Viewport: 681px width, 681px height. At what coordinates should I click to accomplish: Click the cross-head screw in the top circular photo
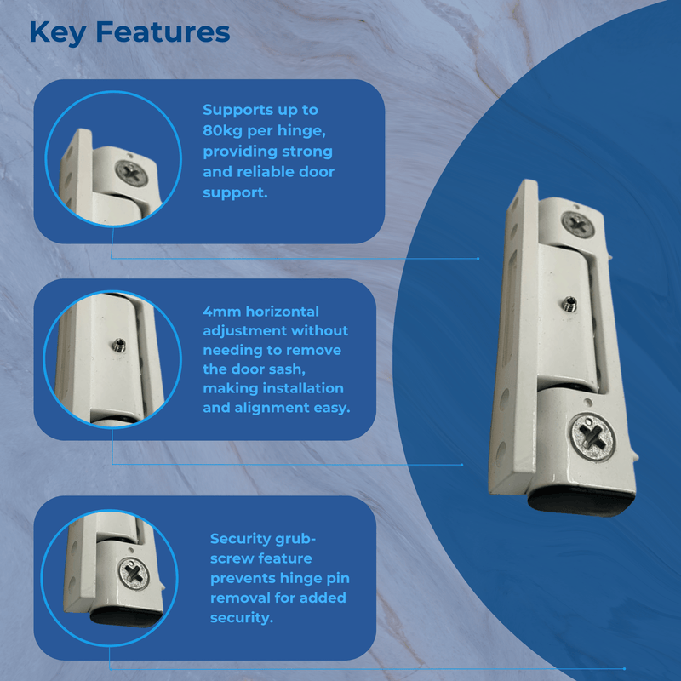coord(133,172)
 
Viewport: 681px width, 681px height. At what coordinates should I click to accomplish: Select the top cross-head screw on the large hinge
coord(579,225)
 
